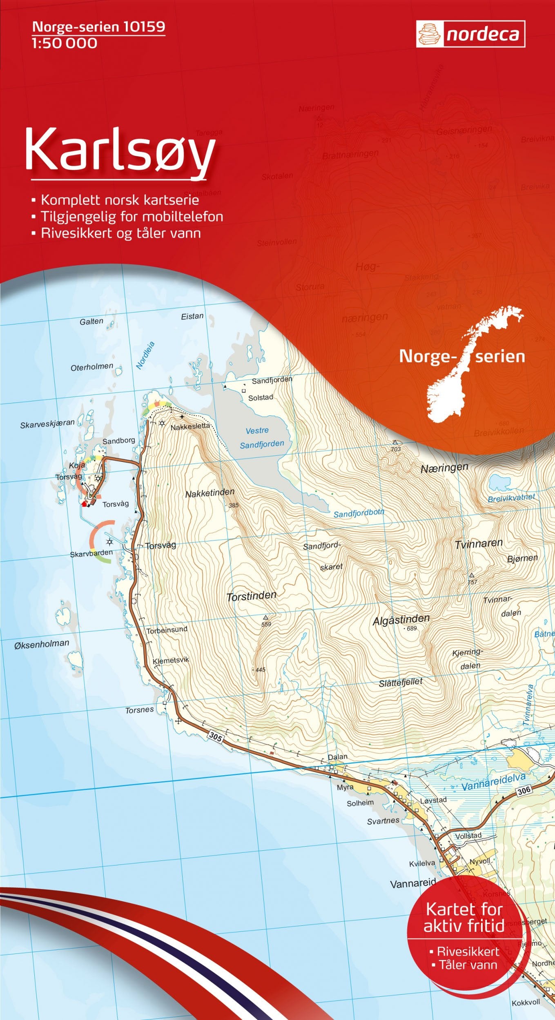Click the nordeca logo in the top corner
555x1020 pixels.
click(x=470, y=34)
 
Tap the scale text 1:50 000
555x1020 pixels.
click(x=65, y=43)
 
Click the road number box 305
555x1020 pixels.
click(x=216, y=736)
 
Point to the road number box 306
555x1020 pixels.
click(x=524, y=790)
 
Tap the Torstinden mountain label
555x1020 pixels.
click(x=252, y=596)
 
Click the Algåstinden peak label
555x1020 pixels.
click(x=401, y=620)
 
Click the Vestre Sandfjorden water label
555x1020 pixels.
click(x=261, y=437)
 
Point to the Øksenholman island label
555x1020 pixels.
click(x=42, y=644)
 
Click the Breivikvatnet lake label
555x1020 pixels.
click(x=511, y=498)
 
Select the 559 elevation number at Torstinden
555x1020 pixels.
click(x=266, y=624)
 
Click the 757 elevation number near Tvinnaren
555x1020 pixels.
click(x=472, y=582)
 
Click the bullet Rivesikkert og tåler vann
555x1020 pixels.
click(x=120, y=233)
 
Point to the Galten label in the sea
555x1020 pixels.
click(x=91, y=322)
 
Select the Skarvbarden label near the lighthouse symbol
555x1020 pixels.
click(x=91, y=554)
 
